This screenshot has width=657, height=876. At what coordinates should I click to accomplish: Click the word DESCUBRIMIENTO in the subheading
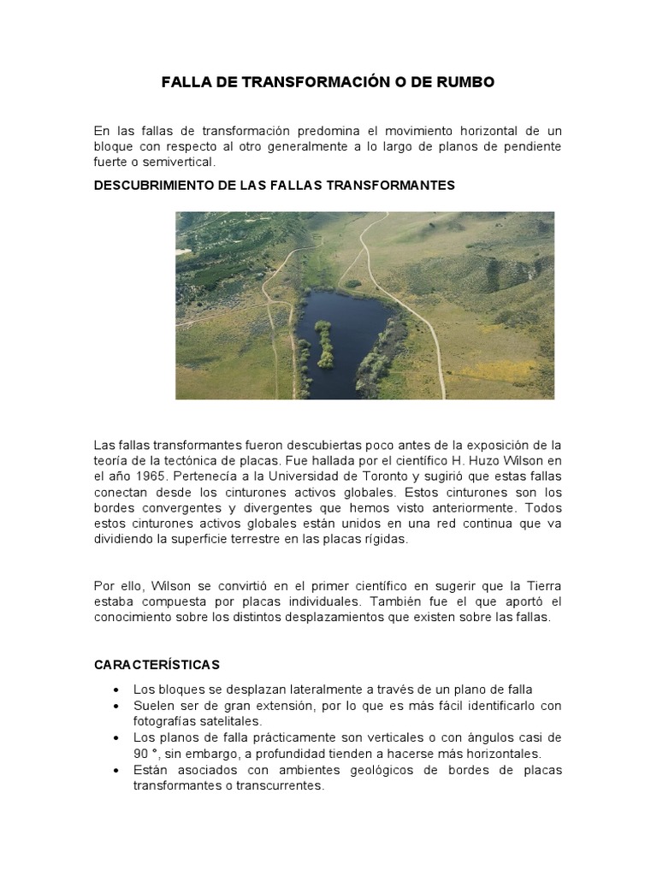pyautogui.click(x=152, y=186)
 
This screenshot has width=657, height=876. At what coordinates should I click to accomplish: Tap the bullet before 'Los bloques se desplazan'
pyautogui.click(x=115, y=690)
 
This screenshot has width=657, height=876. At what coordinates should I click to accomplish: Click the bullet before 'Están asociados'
pyautogui.click(x=115, y=770)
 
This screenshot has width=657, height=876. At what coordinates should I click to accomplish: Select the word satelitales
pyautogui.click(x=203, y=721)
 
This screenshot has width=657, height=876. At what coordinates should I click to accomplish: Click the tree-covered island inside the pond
pyautogui.click(x=324, y=342)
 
